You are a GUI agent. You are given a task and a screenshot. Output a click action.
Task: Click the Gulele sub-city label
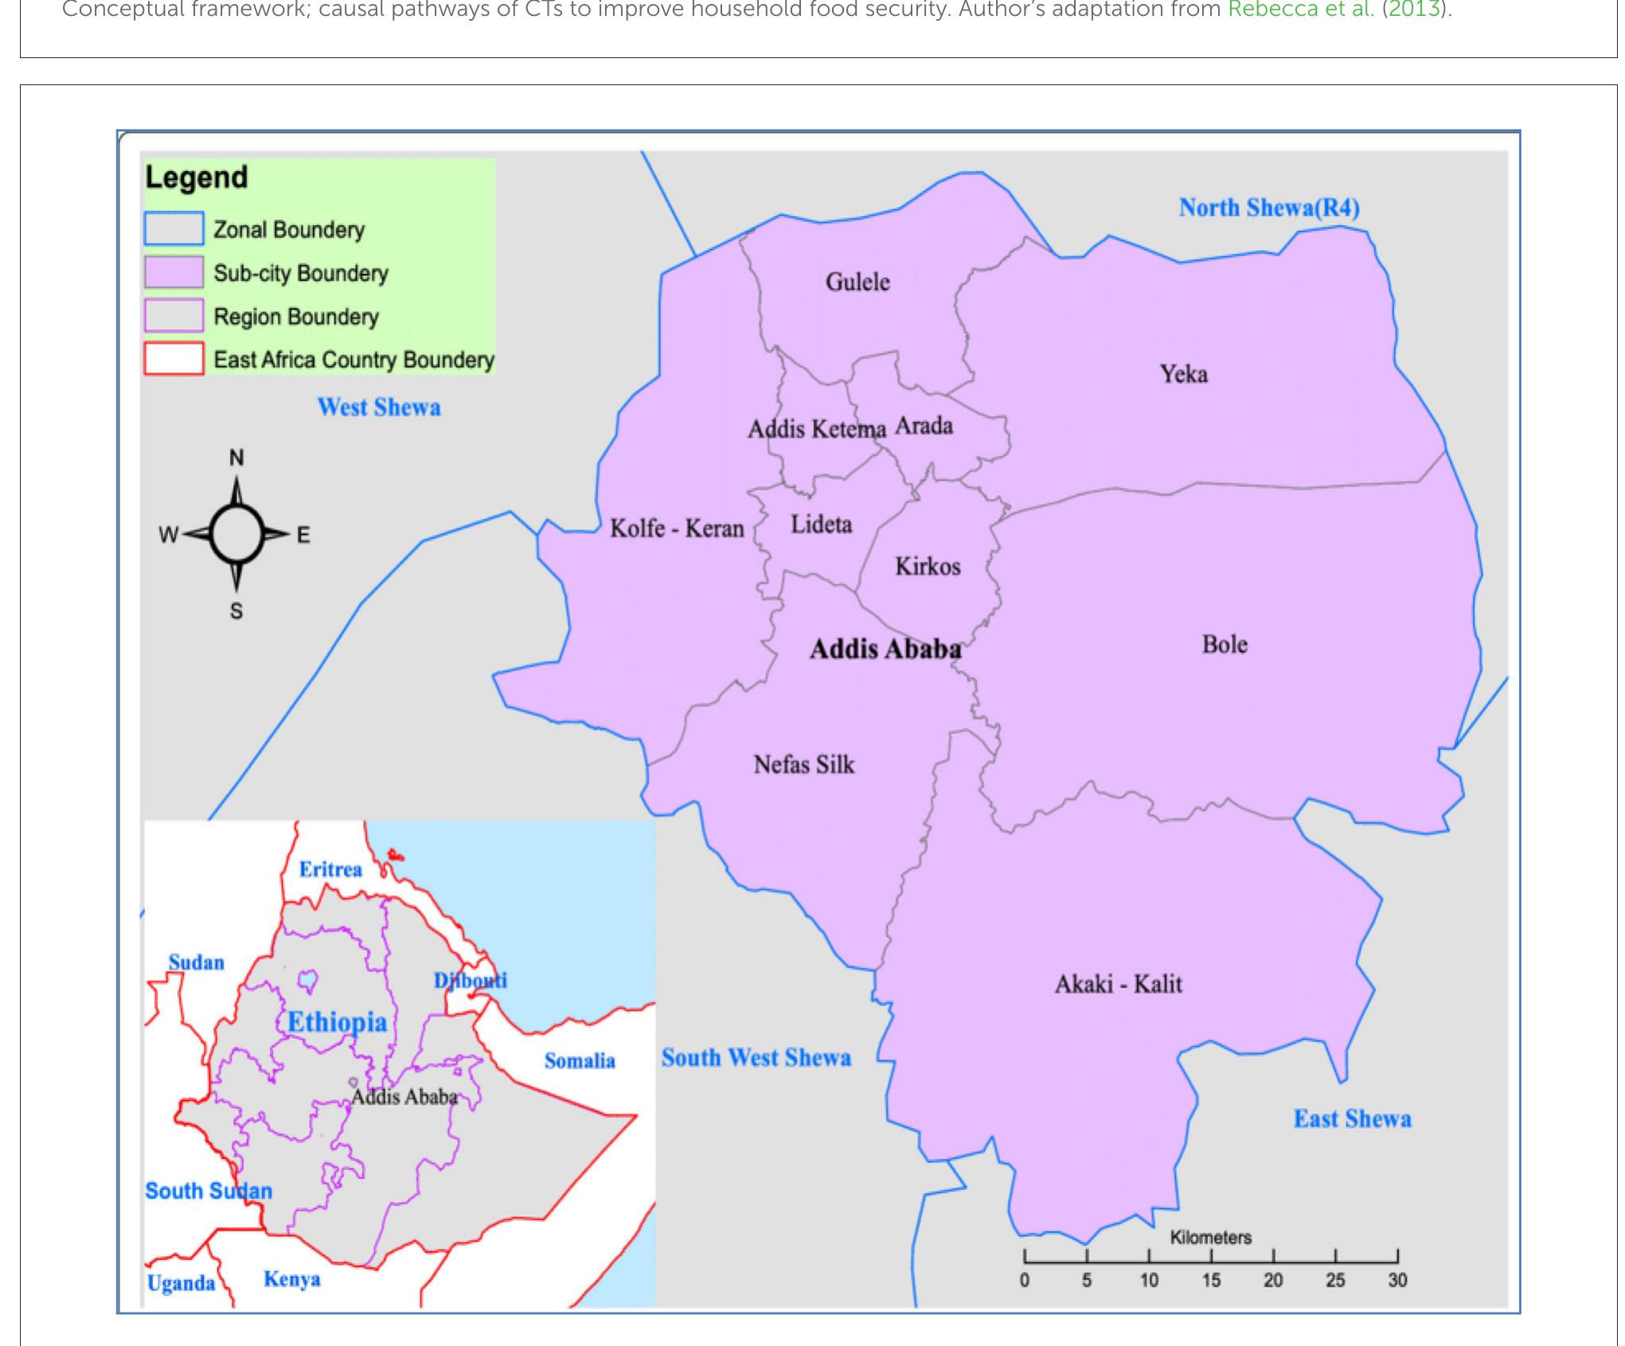pyautogui.click(x=857, y=282)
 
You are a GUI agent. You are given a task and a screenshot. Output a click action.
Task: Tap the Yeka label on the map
pyautogui.click(x=1183, y=373)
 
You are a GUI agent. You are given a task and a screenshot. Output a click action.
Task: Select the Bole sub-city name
pyautogui.click(x=1225, y=644)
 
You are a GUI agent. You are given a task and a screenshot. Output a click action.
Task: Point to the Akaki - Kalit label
pyautogui.click(x=1118, y=985)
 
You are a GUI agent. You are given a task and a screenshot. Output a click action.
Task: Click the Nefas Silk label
pyautogui.click(x=804, y=765)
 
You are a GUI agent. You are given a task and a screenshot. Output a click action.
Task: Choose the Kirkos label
pyautogui.click(x=928, y=567)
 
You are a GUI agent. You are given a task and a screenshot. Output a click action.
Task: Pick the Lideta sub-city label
pyautogui.click(x=821, y=525)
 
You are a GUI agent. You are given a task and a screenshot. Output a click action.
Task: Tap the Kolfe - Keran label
pyautogui.click(x=677, y=529)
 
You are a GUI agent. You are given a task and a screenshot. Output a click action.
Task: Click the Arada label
pyautogui.click(x=924, y=426)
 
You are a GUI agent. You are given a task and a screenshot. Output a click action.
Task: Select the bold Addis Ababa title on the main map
pyautogui.click(x=885, y=650)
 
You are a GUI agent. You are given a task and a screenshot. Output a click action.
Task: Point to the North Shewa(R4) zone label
pyautogui.click(x=1269, y=208)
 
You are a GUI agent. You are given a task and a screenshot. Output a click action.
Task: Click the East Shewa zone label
pyautogui.click(x=1352, y=1119)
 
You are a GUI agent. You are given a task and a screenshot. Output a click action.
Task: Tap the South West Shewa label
pyautogui.click(x=756, y=1058)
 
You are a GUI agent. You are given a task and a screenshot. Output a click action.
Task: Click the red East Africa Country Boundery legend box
pyautogui.click(x=174, y=359)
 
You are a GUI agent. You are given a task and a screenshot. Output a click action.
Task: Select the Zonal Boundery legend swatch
pyautogui.click(x=174, y=229)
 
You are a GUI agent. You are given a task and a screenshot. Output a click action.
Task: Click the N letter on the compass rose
pyautogui.click(x=236, y=458)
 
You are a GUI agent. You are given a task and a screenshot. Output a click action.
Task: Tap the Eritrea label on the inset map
pyautogui.click(x=330, y=869)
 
